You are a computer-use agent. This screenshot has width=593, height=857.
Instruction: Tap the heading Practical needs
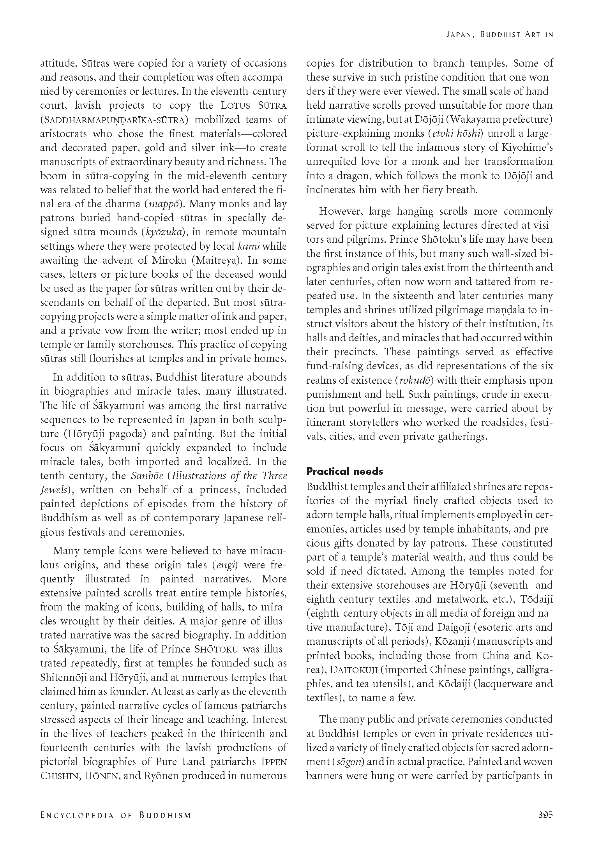pos(344,471)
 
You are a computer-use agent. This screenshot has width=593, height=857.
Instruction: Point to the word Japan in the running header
pos(459,34)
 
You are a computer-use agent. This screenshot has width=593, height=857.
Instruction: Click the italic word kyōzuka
pos(164,232)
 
